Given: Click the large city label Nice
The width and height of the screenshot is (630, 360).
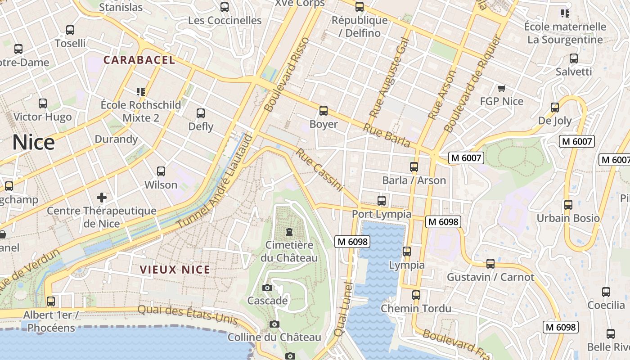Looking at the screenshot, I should [x=34, y=142].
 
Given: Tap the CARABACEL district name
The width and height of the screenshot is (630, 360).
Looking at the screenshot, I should [x=139, y=60].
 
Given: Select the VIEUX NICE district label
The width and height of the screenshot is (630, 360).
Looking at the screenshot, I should [x=175, y=270].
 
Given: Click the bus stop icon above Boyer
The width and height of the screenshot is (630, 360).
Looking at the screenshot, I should [x=323, y=111].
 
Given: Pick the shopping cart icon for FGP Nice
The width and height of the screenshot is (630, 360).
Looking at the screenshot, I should [x=501, y=88].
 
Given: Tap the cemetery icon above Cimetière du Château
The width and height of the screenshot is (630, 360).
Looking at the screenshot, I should [x=289, y=232].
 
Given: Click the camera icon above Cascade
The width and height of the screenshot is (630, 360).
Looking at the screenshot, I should [x=267, y=288].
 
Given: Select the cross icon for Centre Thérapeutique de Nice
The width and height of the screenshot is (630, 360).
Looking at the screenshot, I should [x=102, y=197].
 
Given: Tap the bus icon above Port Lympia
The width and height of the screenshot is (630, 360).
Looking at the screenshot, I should [x=382, y=200].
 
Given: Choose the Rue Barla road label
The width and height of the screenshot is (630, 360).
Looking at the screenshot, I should [x=387, y=135].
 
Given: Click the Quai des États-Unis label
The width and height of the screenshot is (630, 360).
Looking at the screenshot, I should [x=187, y=314].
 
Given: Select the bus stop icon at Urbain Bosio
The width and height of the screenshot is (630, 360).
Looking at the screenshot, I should [x=568, y=205].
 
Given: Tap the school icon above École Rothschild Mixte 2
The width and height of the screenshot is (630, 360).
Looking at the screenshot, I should [x=140, y=92].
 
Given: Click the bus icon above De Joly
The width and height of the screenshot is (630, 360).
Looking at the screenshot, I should [x=555, y=108].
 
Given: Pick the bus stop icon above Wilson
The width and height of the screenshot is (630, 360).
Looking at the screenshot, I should [x=161, y=171].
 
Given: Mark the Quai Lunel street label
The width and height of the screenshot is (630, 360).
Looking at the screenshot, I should [x=343, y=309].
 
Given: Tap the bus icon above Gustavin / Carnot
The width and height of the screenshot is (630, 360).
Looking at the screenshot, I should [x=490, y=264].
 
